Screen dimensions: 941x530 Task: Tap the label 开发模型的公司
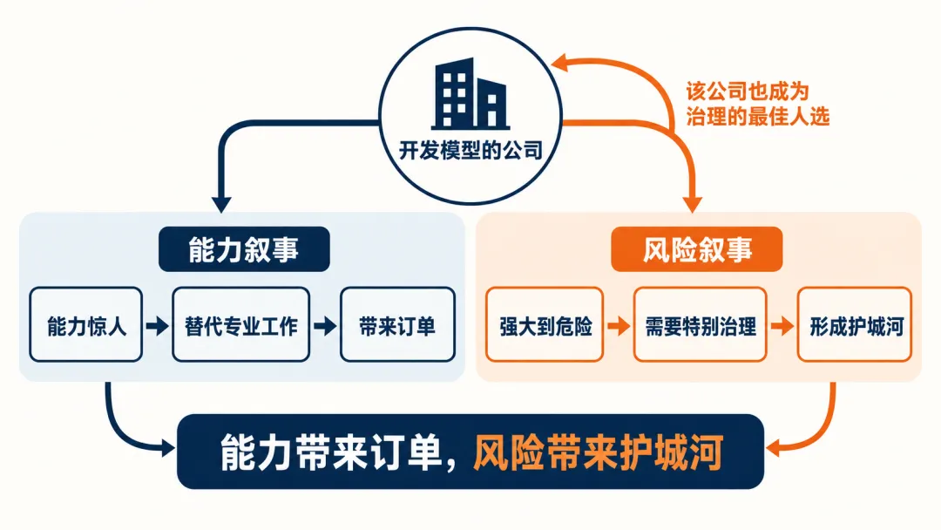[470, 150]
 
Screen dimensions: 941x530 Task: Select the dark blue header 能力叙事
[244, 249]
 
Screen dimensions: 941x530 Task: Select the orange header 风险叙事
[697, 249]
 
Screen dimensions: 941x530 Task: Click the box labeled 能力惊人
[85, 325]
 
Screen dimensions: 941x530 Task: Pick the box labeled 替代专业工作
[241, 325]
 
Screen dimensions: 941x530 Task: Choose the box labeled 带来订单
[397, 325]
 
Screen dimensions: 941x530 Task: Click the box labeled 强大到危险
[545, 325]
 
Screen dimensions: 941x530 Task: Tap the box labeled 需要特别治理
[701, 325]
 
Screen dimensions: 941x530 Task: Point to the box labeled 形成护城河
[855, 325]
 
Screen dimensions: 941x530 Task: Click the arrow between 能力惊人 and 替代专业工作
[157, 326]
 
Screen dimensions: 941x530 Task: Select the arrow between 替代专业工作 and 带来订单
[325, 326]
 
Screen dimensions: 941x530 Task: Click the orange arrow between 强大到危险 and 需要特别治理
[619, 326]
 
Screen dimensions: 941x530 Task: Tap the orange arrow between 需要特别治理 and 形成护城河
[782, 326]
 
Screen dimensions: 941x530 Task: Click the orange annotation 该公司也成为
[748, 92]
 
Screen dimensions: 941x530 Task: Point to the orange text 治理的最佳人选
[758, 116]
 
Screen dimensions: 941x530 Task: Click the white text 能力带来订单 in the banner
[331, 452]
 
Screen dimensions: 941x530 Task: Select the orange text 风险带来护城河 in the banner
[599, 452]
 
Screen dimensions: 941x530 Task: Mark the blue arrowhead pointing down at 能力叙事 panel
[221, 203]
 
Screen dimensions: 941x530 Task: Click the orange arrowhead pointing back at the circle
[560, 62]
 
